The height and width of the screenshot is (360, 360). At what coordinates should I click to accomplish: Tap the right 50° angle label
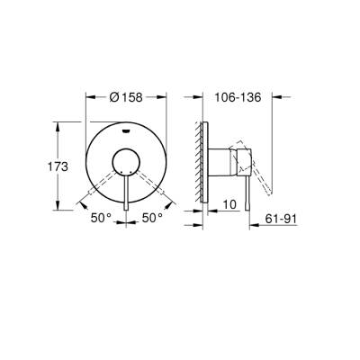(x=149, y=217)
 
